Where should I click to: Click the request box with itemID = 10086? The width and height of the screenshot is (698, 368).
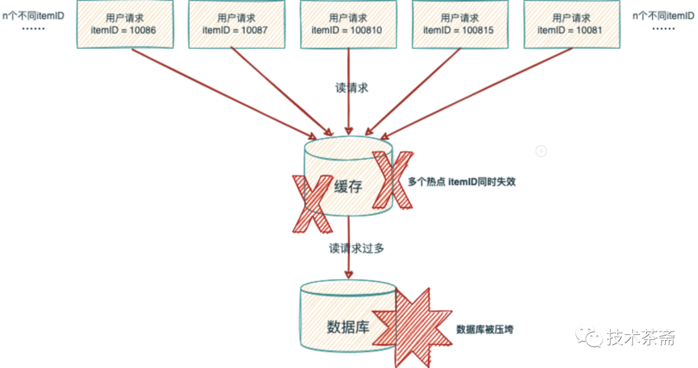pos(125,24)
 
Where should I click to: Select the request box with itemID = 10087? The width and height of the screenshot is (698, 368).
pos(236,24)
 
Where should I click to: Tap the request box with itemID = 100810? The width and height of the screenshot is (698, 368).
pos(348,24)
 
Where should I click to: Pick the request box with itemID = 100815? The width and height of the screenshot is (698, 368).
pos(460,24)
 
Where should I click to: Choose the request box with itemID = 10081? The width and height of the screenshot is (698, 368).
pos(570,24)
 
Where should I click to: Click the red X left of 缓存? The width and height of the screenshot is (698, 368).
pos(312,203)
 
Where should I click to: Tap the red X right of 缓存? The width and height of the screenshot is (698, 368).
pos(392,179)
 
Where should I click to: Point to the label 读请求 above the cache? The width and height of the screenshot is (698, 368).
pos(352,88)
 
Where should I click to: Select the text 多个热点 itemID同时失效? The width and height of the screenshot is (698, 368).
pos(461,182)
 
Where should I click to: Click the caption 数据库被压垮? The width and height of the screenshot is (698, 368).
pos(485,329)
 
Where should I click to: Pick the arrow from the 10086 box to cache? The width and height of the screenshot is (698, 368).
pos(226,94)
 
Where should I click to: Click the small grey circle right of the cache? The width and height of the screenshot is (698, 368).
pos(542,151)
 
